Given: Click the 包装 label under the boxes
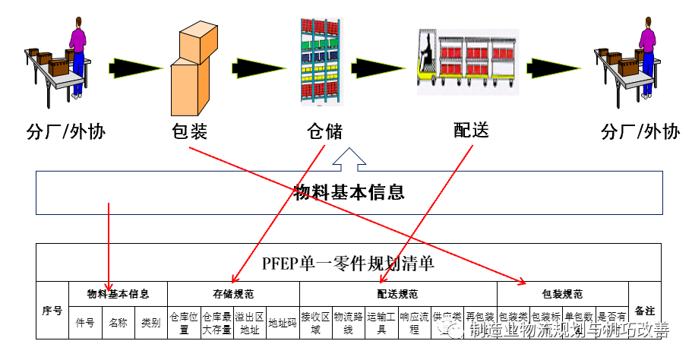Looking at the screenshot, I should click(189, 131).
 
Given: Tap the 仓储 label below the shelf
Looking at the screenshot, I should click(324, 132).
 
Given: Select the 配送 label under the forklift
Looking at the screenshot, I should click(470, 130).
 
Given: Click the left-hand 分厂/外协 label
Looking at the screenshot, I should click(66, 132).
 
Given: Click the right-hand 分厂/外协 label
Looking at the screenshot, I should click(640, 132).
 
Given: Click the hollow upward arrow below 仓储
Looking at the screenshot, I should click(349, 159).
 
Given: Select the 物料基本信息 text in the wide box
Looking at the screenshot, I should click(349, 192).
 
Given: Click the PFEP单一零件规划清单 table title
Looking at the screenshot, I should click(349, 264).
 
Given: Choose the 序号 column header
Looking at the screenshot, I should click(52, 311).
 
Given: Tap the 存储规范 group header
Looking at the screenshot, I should click(233, 293).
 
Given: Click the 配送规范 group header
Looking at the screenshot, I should click(398, 293).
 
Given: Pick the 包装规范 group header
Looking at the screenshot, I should click(563, 293).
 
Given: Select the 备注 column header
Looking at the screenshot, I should click(645, 311).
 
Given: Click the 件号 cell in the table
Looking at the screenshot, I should click(85, 323).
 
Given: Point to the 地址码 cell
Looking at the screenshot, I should click(283, 323).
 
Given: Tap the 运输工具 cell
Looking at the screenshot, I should click(381, 323).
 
